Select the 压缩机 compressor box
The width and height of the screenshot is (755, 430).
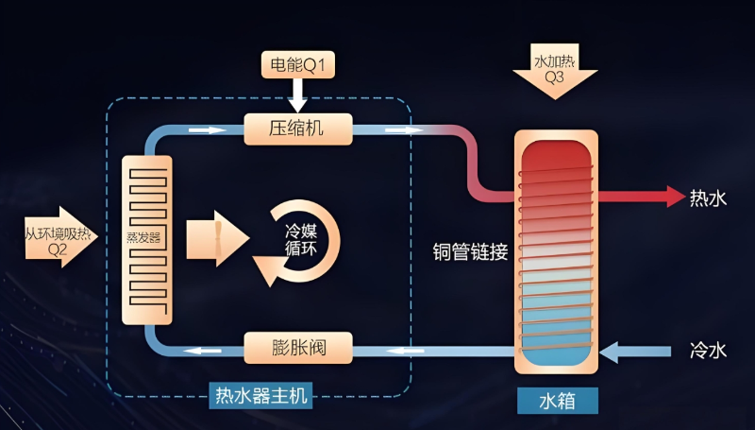(297, 129)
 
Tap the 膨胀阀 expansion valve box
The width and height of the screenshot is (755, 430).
(297, 347)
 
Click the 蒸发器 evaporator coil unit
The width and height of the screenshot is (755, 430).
(147, 236)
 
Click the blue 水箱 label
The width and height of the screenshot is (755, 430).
(557, 400)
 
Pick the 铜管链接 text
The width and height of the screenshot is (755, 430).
(471, 252)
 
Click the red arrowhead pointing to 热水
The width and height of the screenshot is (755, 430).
(674, 197)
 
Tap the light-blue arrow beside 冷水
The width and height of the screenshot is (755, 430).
(623, 351)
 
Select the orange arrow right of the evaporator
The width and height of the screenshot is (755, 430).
(205, 239)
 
